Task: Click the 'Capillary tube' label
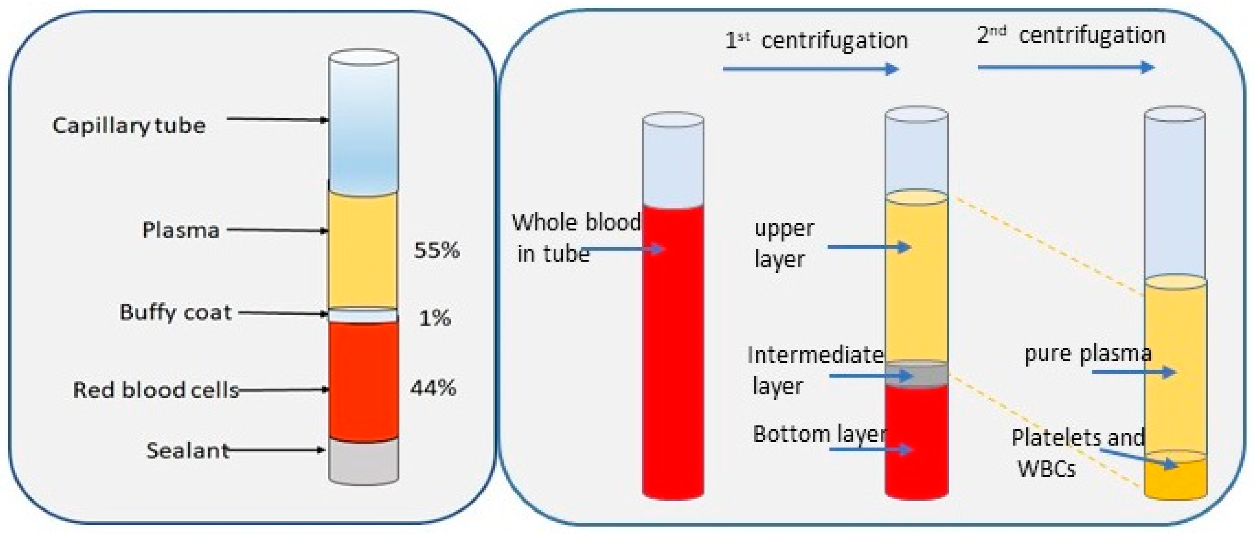coord(129,126)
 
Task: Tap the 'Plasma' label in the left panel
coord(181,230)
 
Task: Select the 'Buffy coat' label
coord(176,312)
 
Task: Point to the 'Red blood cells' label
coord(155,390)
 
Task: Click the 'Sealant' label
coord(187,451)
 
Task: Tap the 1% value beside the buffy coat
coord(434,318)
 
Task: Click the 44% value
coord(433,389)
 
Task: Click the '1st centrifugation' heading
coord(816,40)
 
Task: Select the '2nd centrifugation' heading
coord(1071,35)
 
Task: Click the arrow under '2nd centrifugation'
coord(1066,67)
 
